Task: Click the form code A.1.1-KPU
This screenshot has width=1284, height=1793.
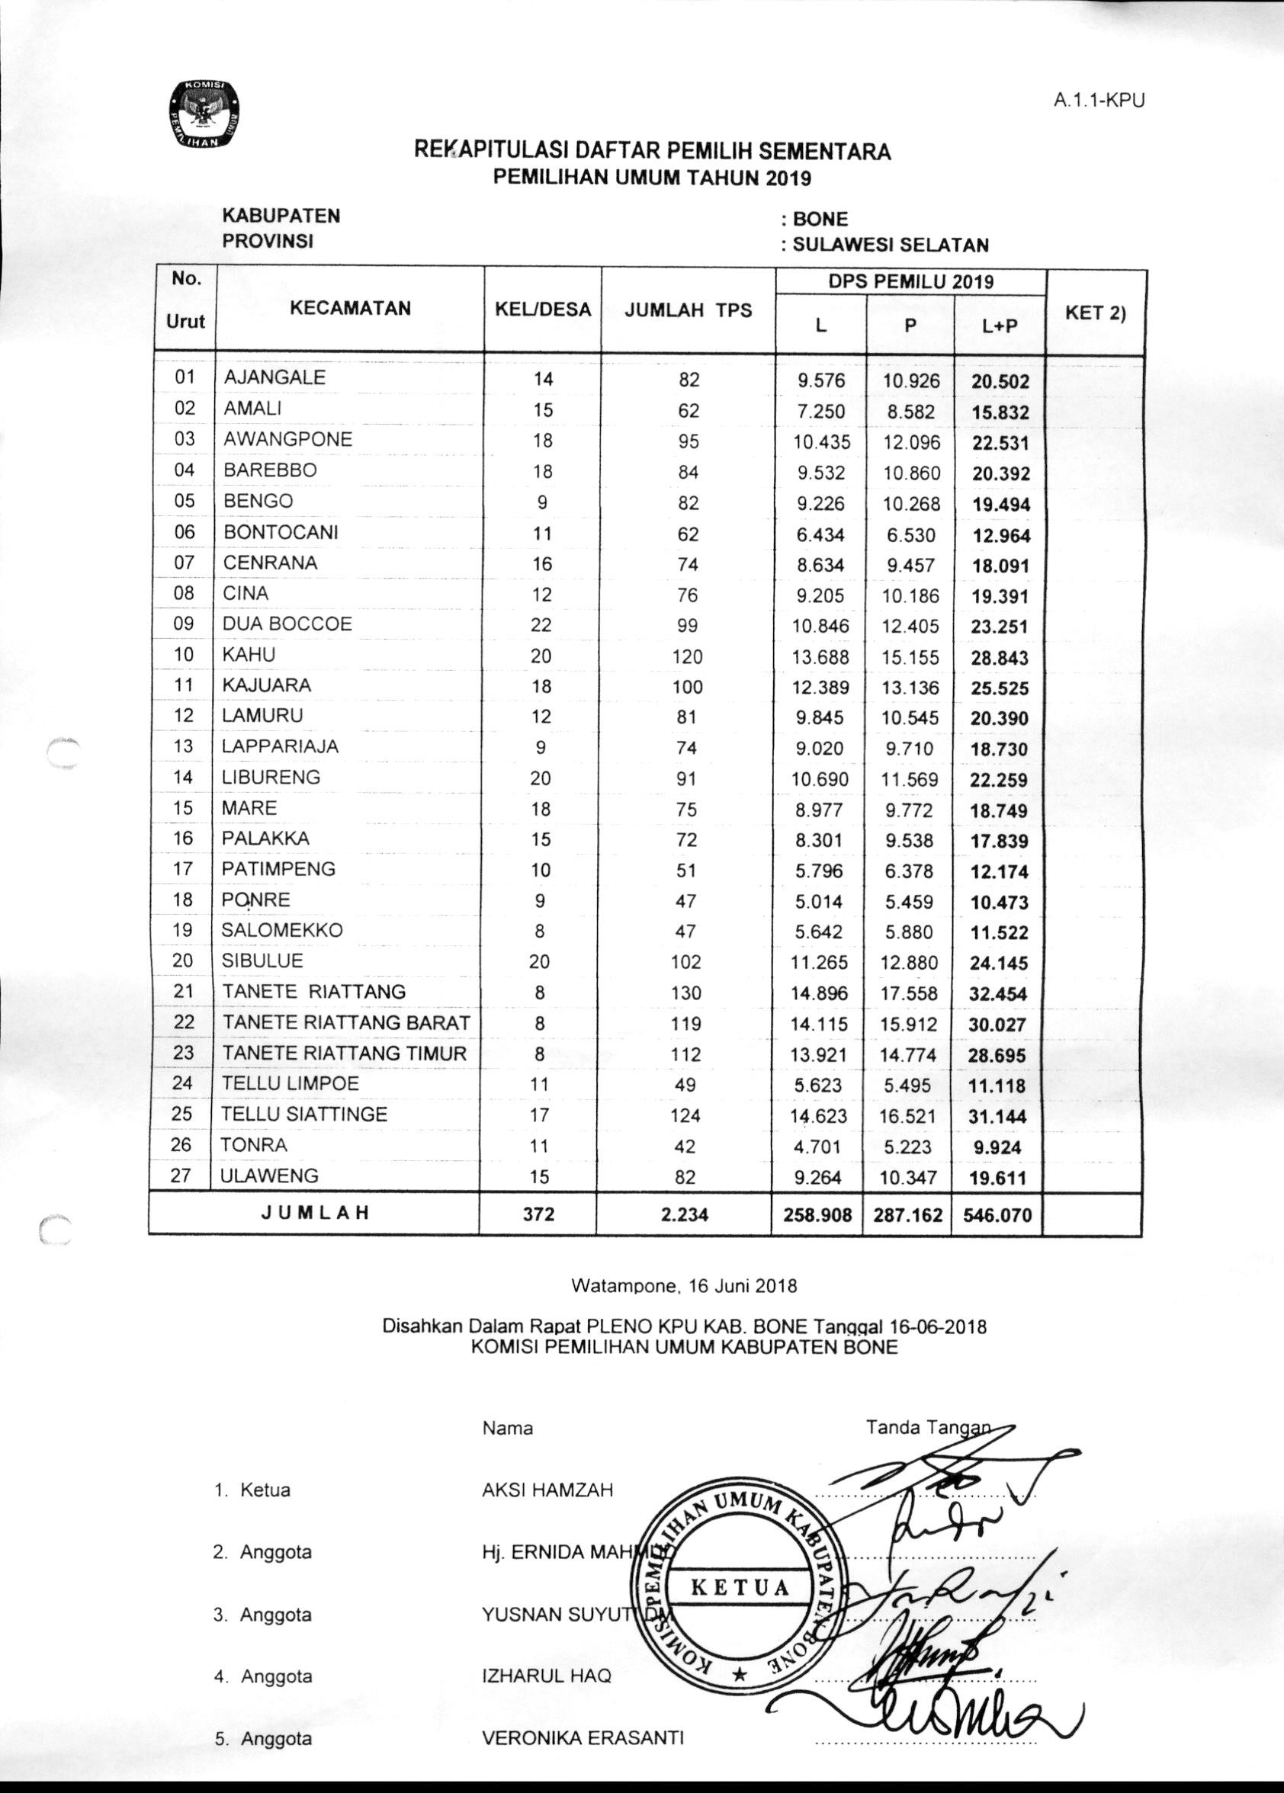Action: (1099, 101)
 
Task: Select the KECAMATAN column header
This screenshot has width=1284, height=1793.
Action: (349, 308)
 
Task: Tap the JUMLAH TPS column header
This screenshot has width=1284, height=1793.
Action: (688, 310)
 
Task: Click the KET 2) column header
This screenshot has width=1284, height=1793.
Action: (1095, 313)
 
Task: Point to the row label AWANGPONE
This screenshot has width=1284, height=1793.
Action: (287, 439)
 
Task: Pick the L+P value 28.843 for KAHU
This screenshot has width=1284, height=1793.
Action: (1000, 658)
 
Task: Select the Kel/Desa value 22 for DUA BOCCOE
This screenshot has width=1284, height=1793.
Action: (541, 624)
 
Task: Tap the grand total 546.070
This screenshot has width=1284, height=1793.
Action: (998, 1214)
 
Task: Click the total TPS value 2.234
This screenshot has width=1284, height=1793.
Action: (685, 1214)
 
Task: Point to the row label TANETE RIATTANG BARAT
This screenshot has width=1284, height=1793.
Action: (346, 1022)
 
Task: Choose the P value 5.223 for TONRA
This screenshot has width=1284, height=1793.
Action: (908, 1147)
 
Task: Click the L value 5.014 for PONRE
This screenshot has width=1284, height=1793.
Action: (819, 901)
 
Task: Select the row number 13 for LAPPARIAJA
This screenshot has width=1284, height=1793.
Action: (184, 746)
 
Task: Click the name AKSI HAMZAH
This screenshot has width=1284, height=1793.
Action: (547, 1490)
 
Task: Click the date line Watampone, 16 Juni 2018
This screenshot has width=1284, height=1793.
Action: (684, 1285)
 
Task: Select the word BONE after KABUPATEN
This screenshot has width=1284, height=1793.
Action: (820, 219)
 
